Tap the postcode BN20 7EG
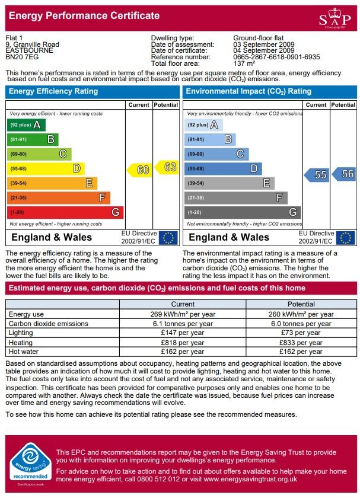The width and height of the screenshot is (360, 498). pyautogui.click(x=23, y=57)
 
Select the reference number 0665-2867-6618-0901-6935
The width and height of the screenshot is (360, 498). pyautogui.click(x=276, y=57)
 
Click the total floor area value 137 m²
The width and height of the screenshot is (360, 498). pyautogui.click(x=244, y=63)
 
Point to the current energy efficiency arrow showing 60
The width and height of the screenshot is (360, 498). pyautogui.click(x=139, y=170)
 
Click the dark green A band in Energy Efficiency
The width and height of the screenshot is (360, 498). pyautogui.click(x=26, y=125)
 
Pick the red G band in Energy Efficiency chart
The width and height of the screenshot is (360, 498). pyautogui.click(x=65, y=212)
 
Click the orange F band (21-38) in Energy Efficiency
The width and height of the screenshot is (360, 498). pyautogui.click(x=58, y=197)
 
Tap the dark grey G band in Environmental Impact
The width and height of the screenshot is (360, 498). pyautogui.click(x=243, y=212)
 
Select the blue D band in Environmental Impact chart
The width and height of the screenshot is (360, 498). pyautogui.click(x=223, y=168)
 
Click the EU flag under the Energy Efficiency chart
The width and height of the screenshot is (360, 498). pyautogui.click(x=168, y=238)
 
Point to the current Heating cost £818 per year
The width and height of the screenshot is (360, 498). pyautogui.click(x=182, y=343)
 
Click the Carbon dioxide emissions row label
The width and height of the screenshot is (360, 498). pyautogui.click(x=49, y=324)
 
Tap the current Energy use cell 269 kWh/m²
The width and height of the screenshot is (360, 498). pyautogui.click(x=182, y=314)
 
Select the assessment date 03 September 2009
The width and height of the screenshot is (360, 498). pyautogui.click(x=263, y=44)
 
